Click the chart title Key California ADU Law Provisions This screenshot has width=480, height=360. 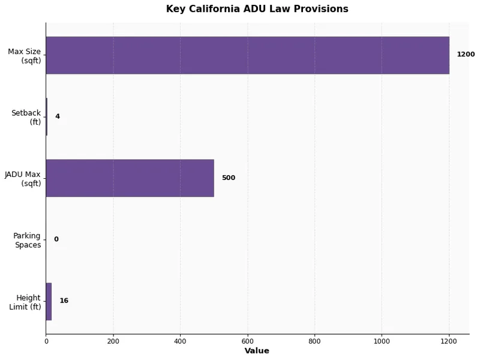257,9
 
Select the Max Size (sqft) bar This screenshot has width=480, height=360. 247,55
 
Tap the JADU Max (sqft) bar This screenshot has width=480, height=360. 130,178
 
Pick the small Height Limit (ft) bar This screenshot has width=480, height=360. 49,301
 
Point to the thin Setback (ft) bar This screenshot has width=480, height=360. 46,116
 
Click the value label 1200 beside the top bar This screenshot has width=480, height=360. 466,55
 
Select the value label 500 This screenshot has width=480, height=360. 228,178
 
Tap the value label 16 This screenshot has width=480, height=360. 64,301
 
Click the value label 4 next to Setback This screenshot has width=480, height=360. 58,116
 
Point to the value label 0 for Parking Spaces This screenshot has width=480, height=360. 56,239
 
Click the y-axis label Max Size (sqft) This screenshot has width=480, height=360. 25,56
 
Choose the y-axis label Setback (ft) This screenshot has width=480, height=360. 26,117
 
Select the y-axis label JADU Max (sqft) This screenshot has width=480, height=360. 23,179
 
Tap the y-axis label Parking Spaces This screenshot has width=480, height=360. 27,240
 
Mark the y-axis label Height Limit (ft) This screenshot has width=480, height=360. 25,302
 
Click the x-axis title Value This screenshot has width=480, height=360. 257,351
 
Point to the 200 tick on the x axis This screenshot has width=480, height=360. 113,341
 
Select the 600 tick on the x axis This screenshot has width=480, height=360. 247,341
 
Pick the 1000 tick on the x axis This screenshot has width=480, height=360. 382,341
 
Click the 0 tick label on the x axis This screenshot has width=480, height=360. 46,341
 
